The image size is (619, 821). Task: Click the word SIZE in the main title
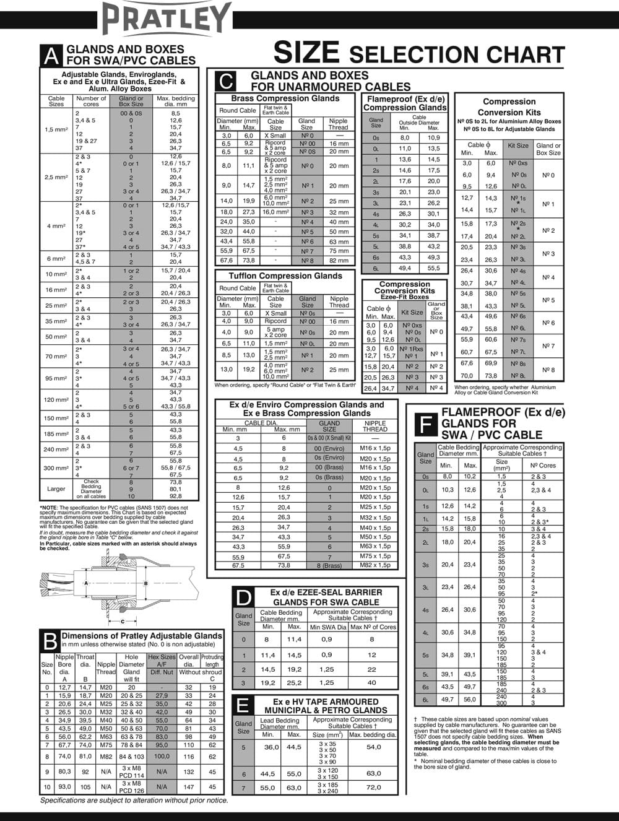coord(306,53)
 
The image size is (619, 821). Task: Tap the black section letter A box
coord(52,55)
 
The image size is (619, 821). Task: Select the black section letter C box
coord(227,81)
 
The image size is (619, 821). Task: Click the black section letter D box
coord(244,597)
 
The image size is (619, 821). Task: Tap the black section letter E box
coord(243,705)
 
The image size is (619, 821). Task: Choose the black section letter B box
coord(50,640)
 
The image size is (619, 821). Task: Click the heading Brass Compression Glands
coord(285,98)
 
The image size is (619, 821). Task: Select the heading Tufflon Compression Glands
coord(285,276)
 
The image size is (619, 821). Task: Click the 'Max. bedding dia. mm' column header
coord(176,101)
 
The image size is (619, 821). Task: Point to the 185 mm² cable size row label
coord(56,434)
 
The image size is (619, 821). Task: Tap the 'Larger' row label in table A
coord(56,489)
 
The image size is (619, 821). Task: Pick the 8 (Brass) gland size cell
coord(329,565)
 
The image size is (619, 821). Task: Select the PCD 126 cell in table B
coord(132,791)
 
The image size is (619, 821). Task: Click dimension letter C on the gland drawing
coord(123,621)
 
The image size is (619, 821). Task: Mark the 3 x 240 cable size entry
coord(328,791)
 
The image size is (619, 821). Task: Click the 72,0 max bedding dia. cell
coord(374,788)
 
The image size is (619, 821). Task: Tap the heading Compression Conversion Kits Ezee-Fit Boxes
coord(405,290)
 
